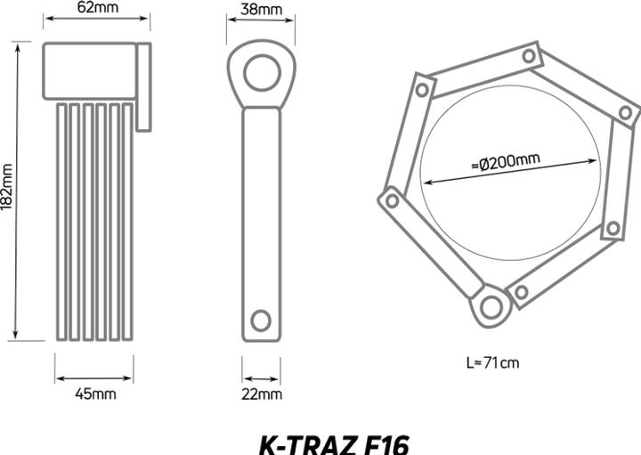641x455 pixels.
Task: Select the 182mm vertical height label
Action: tap(7, 188)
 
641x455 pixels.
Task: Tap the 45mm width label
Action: tap(95, 393)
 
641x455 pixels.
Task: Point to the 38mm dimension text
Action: tap(262, 10)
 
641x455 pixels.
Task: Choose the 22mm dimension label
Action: tap(263, 393)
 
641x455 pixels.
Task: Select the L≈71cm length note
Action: tap(493, 362)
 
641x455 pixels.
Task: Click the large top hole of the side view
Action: tap(262, 72)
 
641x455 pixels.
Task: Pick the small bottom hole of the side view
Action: tap(261, 319)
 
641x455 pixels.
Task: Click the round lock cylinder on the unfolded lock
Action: tap(491, 307)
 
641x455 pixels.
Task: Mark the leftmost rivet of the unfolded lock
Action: tap(392, 201)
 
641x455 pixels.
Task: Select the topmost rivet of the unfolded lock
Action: tap(529, 56)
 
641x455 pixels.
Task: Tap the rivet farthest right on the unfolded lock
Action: tap(626, 113)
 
